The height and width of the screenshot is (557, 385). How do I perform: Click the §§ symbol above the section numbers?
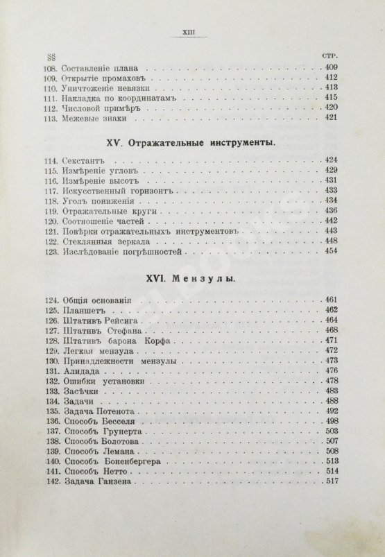coord(49,55)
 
